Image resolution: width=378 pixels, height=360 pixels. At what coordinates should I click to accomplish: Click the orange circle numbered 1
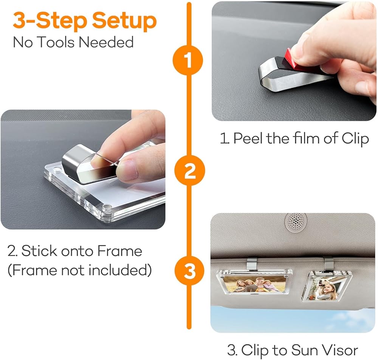click(188, 60)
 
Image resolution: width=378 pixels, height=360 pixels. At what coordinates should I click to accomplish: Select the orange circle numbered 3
click(189, 270)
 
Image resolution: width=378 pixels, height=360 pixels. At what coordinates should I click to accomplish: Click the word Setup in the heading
click(124, 21)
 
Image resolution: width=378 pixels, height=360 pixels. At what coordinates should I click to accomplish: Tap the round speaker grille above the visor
click(296, 222)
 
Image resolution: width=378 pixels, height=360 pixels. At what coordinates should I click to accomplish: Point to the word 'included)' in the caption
click(120, 270)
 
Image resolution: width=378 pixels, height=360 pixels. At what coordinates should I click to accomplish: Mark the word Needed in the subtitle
click(106, 42)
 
